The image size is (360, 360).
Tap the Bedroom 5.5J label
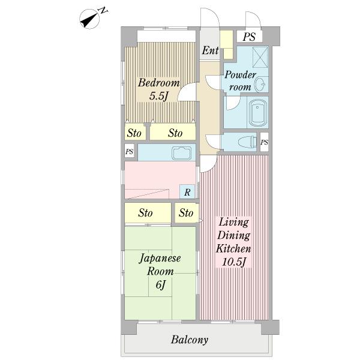158,89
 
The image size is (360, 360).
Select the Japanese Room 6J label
160,271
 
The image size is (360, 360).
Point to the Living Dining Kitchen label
233,242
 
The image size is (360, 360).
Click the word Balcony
190,340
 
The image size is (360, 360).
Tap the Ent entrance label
210,50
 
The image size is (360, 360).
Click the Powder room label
240,81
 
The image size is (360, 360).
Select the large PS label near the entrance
249,37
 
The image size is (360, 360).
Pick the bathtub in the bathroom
258,113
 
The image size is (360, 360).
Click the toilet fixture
248,142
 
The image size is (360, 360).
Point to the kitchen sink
182,152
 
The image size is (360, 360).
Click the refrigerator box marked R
187,191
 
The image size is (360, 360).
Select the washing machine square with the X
260,57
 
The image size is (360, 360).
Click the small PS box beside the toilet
264,142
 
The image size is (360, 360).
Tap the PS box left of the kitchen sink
129,152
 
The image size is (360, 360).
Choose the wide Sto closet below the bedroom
173,132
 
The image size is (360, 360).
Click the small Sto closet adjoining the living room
187,212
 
